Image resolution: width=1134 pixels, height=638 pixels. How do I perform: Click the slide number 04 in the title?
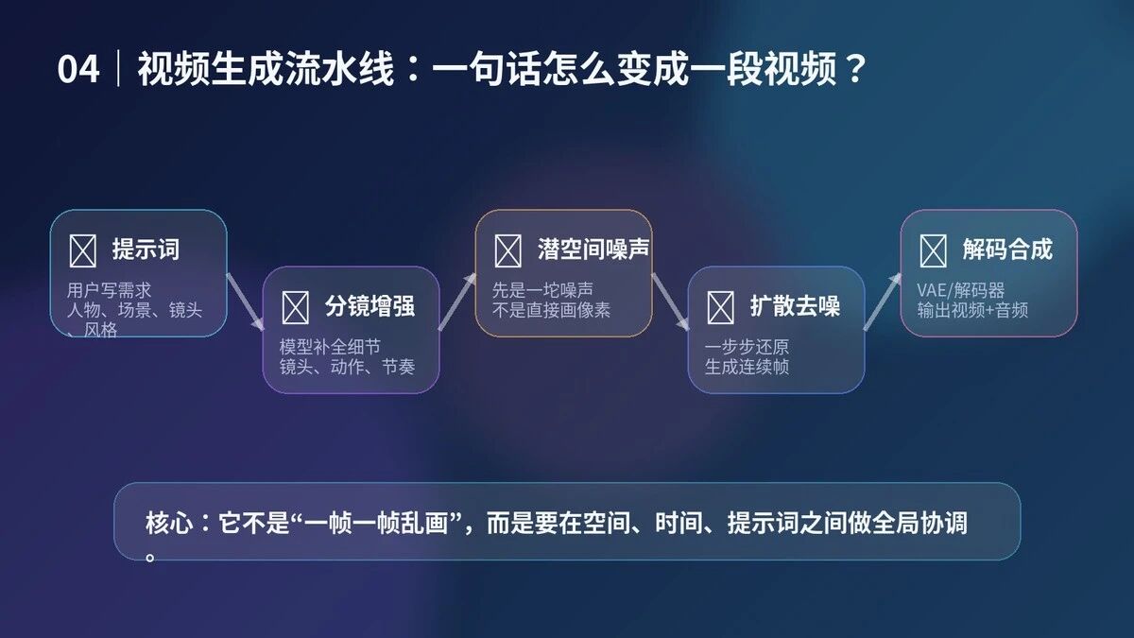pyautogui.click(x=77, y=69)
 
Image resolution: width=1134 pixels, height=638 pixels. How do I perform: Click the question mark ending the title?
pyautogui.click(x=855, y=69)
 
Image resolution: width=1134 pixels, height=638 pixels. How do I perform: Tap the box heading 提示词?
pyautogui.click(x=146, y=250)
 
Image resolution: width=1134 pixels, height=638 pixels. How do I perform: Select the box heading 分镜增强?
pyautogui.click(x=370, y=306)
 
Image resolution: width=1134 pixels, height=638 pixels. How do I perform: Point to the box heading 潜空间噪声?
pyautogui.click(x=593, y=250)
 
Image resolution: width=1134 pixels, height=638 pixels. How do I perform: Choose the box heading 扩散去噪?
pyautogui.click(x=796, y=306)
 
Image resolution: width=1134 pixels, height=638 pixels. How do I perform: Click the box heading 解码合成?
pyautogui.click(x=1008, y=250)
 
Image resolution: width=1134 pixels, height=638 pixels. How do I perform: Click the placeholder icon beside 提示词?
pyautogui.click(x=82, y=250)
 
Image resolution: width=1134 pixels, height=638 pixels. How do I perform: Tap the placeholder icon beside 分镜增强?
pyautogui.click(x=295, y=307)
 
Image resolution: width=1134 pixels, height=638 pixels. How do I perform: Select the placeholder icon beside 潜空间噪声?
pyautogui.click(x=507, y=250)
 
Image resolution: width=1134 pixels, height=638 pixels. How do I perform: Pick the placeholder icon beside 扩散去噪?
pyautogui.click(x=720, y=307)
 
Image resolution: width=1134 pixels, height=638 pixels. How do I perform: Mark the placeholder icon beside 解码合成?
pyautogui.click(x=933, y=250)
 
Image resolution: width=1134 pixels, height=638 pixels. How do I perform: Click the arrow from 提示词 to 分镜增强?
pyautogui.click(x=246, y=302)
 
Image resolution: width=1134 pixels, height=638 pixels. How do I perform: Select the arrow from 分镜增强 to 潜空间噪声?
pyautogui.click(x=457, y=302)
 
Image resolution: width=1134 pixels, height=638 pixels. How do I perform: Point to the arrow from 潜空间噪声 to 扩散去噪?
pyautogui.click(x=671, y=302)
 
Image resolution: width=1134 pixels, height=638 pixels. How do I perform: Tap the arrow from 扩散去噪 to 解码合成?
pyautogui.click(x=883, y=302)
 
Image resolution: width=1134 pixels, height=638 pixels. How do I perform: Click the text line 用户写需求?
pyautogui.click(x=110, y=290)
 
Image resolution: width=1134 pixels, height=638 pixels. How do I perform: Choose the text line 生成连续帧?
pyautogui.click(x=747, y=367)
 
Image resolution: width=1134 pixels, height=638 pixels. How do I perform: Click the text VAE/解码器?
pyautogui.click(x=961, y=290)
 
